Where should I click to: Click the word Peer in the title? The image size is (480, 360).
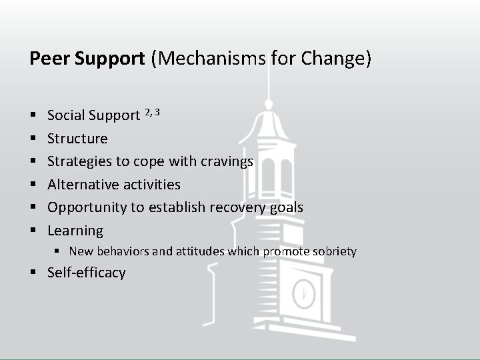click(50, 59)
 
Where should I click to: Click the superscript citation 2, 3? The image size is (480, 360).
click(152, 111)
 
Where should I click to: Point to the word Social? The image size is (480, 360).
click(66, 115)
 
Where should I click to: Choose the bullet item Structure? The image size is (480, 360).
click(77, 139)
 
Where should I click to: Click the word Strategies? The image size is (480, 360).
click(77, 162)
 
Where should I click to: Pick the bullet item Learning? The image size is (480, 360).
click(75, 231)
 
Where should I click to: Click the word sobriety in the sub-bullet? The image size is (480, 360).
click(333, 251)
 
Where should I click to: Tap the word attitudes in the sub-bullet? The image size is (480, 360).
click(199, 251)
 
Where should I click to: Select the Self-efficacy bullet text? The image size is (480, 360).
click(86, 273)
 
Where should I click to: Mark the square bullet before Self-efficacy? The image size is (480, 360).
click(33, 273)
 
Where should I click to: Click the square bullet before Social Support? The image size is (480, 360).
click(33, 115)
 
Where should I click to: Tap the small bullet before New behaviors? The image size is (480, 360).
click(58, 251)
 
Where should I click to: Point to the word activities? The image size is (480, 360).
click(155, 185)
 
